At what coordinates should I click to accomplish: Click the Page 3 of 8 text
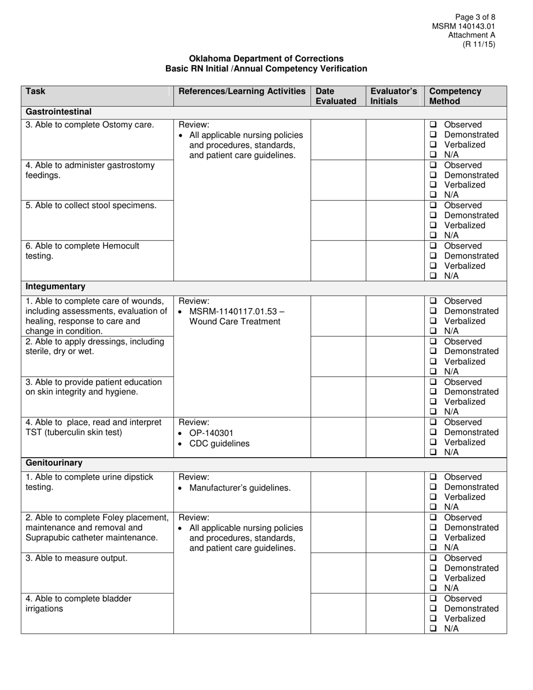[x=475, y=17]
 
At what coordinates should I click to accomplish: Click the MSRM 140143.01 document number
[x=463, y=26]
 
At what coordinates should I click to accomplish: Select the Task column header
[x=36, y=91]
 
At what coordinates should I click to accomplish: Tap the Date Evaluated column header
[x=336, y=96]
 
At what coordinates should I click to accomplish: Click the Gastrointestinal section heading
[x=58, y=112]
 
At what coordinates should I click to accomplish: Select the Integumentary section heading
[x=56, y=286]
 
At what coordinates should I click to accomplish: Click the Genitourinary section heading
[x=54, y=463]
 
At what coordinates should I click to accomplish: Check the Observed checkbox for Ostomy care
[x=433, y=125]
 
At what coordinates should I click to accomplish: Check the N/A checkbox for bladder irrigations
[x=433, y=629]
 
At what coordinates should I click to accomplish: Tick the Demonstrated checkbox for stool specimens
[x=433, y=215]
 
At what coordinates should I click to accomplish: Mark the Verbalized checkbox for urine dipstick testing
[x=433, y=497]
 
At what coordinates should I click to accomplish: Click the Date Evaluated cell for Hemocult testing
[x=338, y=260]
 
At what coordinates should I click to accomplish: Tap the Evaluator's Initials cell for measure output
[x=395, y=573]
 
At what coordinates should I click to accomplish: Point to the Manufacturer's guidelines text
[x=240, y=488]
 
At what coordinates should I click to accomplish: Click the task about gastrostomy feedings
[x=90, y=170]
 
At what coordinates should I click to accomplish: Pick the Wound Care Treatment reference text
[x=235, y=321]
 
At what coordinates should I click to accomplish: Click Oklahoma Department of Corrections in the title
[x=266, y=58]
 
